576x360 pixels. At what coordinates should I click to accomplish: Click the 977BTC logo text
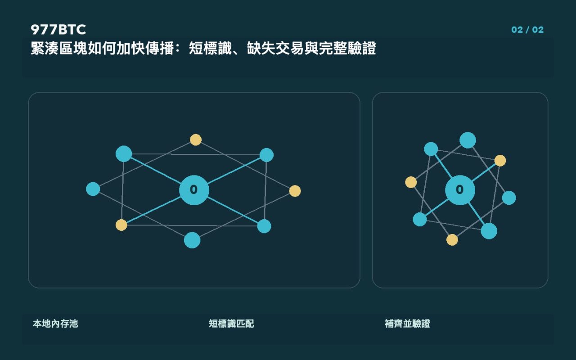point(58,30)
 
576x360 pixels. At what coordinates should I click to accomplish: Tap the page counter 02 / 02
point(527,30)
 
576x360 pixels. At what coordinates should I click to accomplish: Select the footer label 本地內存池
point(55,324)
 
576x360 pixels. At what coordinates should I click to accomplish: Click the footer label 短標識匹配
point(231,324)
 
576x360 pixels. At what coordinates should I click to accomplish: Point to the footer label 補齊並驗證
point(407,324)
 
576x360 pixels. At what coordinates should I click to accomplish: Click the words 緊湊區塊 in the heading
point(59,48)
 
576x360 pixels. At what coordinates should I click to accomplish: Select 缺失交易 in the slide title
point(275,48)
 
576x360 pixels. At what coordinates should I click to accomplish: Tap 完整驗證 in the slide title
point(347,48)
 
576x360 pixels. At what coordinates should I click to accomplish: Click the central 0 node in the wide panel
point(194,190)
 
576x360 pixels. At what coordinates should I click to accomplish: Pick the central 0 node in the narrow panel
point(460,190)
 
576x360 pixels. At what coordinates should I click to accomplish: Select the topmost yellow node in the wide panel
point(196,140)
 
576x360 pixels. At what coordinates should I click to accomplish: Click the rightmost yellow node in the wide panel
point(295,191)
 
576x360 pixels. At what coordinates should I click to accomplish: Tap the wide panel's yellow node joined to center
point(121,225)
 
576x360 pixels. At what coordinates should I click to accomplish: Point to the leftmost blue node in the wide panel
point(93,189)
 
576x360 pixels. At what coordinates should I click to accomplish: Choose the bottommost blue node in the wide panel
point(192,240)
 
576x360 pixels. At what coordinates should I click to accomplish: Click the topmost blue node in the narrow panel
point(468,140)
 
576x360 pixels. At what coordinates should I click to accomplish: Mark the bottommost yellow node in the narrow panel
point(452,240)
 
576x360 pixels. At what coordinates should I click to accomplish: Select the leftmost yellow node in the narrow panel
point(411,182)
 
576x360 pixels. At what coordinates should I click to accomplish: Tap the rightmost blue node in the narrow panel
point(509,198)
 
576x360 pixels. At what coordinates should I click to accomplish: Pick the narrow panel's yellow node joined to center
point(500,161)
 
